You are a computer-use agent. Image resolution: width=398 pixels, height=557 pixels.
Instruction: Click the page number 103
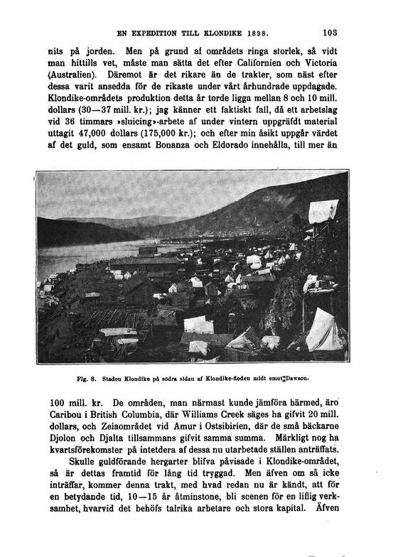click(330, 32)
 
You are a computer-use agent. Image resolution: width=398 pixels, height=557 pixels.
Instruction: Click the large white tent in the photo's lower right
click(326, 330)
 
